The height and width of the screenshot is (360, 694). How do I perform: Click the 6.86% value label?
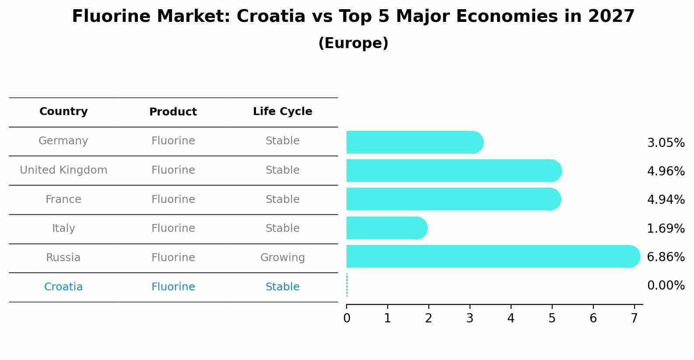666,257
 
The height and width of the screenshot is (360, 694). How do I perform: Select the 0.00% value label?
666,286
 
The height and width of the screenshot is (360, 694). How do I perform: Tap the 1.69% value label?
666,228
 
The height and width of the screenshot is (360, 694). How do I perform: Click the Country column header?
63,112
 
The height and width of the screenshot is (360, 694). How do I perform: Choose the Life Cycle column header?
282,112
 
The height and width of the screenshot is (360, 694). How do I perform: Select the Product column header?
173,112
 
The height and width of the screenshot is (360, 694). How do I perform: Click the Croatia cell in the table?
63,287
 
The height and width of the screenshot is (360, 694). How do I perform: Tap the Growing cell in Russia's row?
282,258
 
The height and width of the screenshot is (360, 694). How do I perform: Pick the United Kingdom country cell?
63,170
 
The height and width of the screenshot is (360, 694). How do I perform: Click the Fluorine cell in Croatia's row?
173,287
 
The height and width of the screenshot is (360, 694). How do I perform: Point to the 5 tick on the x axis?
552,318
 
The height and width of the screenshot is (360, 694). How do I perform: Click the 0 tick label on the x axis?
347,318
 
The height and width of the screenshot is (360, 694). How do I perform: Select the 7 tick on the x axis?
634,318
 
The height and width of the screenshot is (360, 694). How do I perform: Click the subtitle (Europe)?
353,43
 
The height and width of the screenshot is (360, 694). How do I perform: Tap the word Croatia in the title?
270,17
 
